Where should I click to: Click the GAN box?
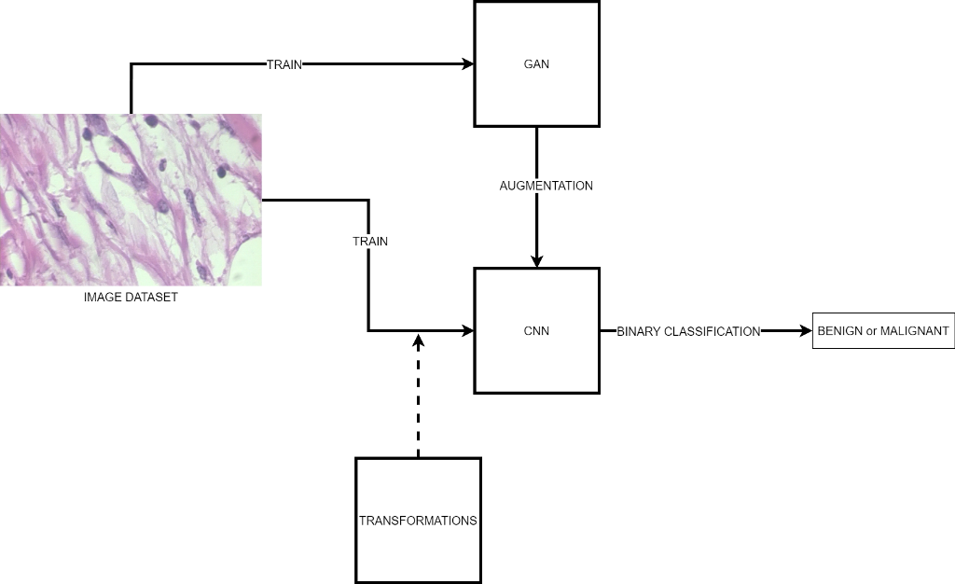click(536, 63)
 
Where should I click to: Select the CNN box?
click(536, 330)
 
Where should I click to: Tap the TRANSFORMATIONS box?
click(418, 520)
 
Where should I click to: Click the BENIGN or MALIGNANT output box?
click(883, 330)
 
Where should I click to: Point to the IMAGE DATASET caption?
click(131, 298)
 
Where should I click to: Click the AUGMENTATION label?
click(547, 186)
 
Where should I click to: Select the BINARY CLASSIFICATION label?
click(688, 331)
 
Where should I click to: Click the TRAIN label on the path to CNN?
click(370, 241)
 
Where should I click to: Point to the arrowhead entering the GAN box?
click(468, 64)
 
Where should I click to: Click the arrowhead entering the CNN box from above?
click(536, 261)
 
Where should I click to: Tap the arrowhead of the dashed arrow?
click(418, 338)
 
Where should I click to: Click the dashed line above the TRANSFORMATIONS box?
click(418, 401)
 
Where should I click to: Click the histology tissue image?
click(131, 199)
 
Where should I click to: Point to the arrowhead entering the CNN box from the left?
click(468, 330)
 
